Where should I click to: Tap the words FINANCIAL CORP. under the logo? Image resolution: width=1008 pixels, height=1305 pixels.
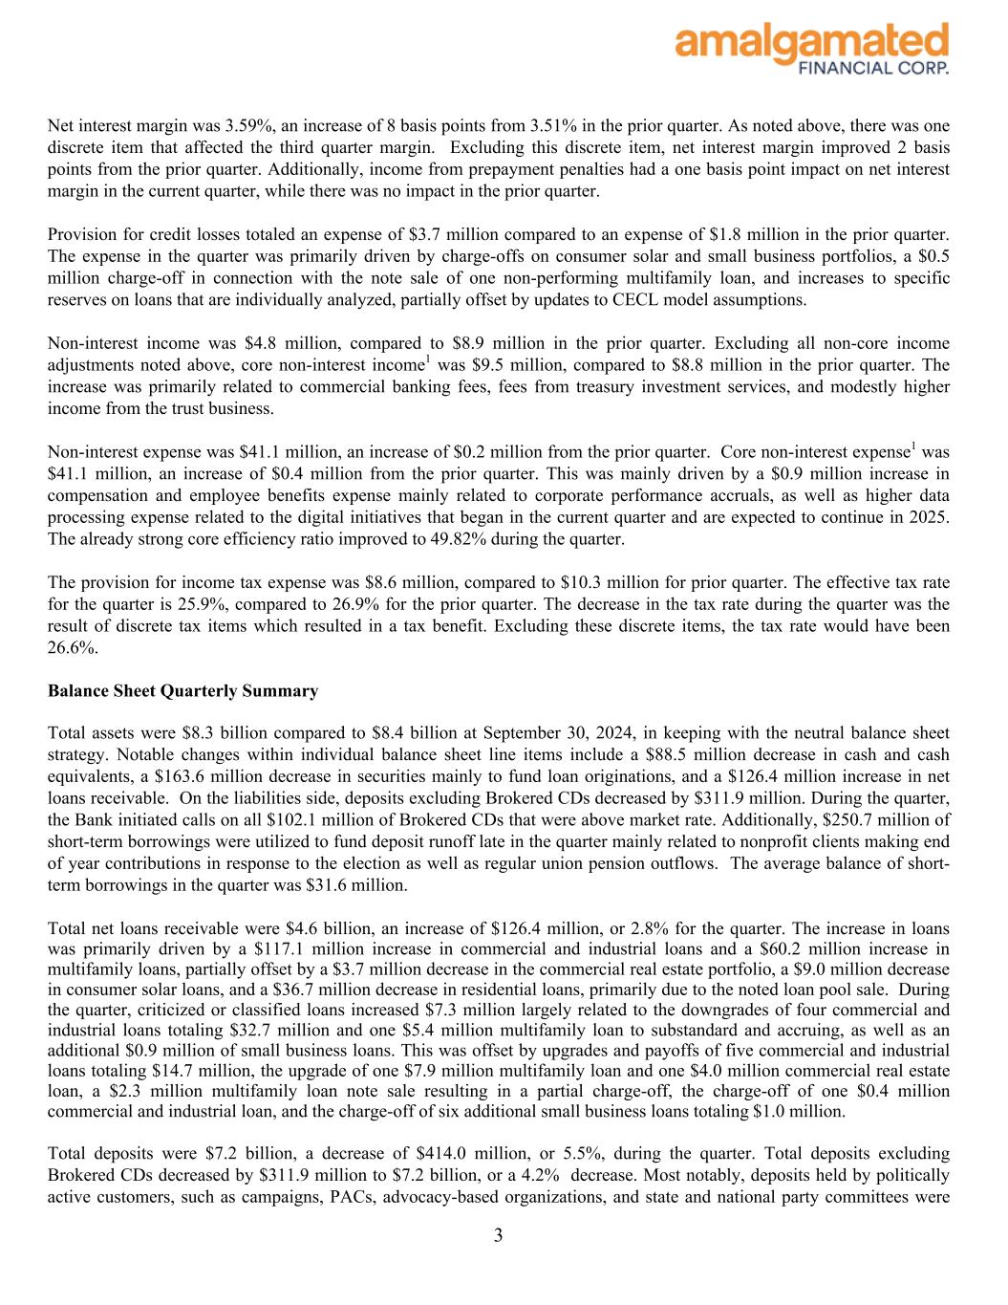click(872, 68)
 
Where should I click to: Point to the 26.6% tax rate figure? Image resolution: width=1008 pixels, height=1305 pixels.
click(72, 647)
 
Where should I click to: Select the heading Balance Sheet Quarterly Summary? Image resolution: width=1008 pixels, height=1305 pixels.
click(182, 690)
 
